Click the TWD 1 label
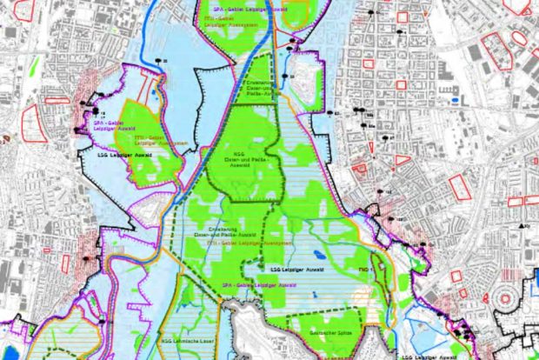[366, 271]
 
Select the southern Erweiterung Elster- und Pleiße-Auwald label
[233, 231]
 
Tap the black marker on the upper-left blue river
[159, 59]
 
